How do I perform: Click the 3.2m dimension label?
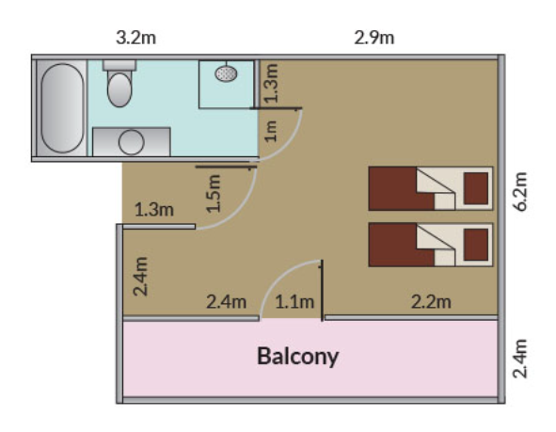(x=135, y=38)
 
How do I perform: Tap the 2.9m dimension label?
(x=374, y=38)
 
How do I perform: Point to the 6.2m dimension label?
(x=520, y=191)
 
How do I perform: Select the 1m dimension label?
(x=271, y=131)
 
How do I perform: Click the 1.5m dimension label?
(x=214, y=193)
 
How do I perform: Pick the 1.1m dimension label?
(x=294, y=302)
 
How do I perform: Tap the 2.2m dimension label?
(x=431, y=302)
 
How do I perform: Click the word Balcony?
(x=297, y=357)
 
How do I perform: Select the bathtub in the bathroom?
(x=62, y=108)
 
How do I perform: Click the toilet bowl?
(x=119, y=89)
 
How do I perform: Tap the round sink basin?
(x=131, y=142)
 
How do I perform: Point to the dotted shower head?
(x=226, y=73)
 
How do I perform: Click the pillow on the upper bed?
(x=476, y=188)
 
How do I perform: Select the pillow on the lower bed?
(x=476, y=245)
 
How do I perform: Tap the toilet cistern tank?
(x=119, y=65)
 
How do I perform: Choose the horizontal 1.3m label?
(x=154, y=210)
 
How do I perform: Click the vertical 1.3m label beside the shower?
(x=273, y=83)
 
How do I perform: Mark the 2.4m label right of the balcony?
(x=520, y=359)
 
